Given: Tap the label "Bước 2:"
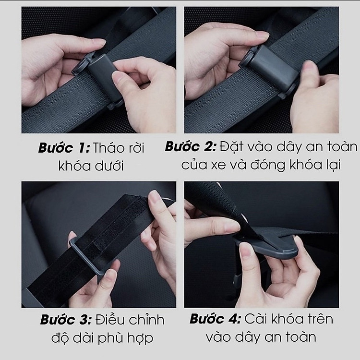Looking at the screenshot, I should coord(191,147).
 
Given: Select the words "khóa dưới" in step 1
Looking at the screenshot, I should coord(91,166).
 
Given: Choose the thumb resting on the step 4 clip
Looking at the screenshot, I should coord(247,252).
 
